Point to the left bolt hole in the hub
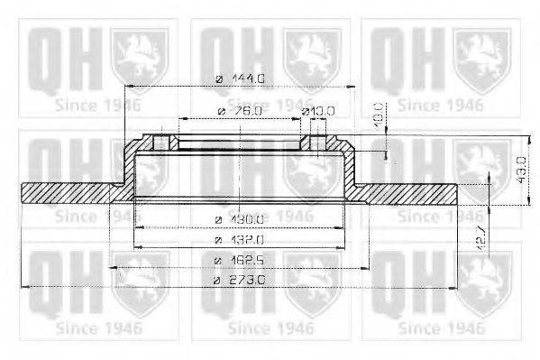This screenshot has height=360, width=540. click(160, 143)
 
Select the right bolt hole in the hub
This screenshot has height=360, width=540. click(317, 143)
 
